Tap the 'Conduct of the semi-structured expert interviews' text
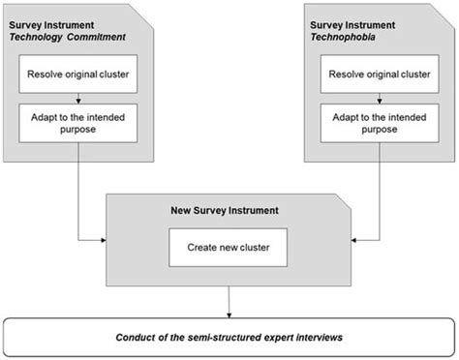pyautogui.click(x=229, y=336)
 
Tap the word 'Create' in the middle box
pyautogui.click(x=199, y=247)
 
